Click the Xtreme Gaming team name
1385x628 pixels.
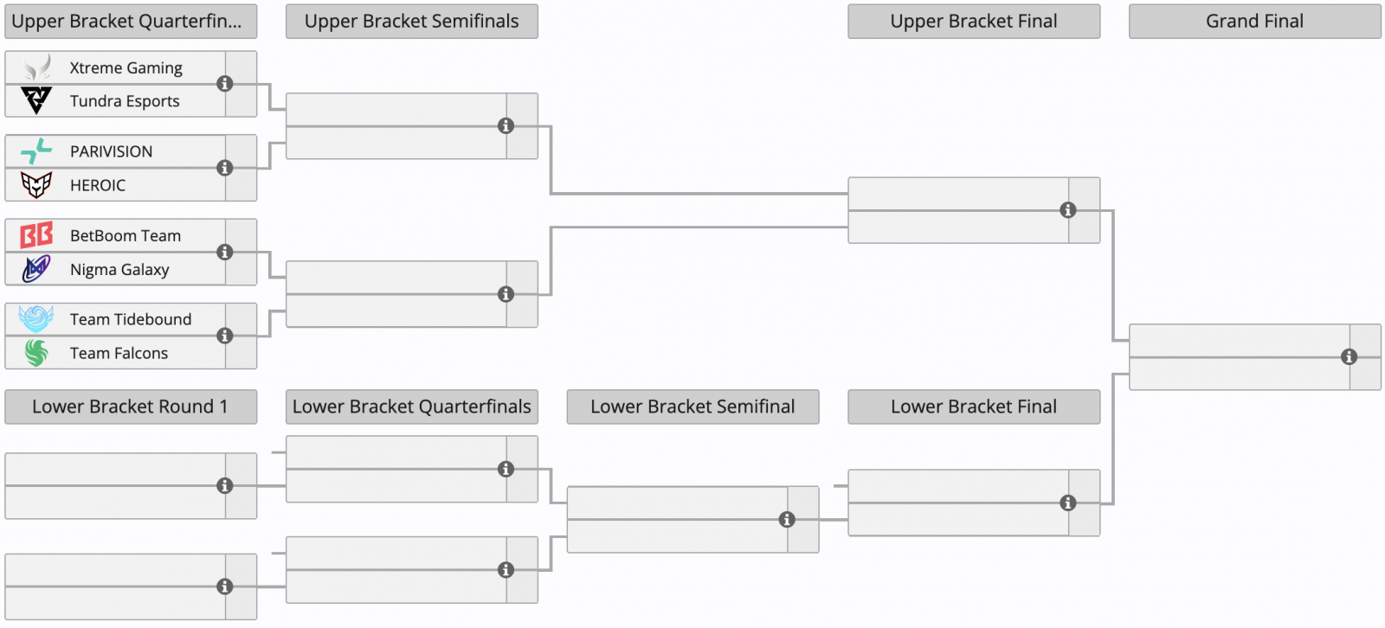[126, 68]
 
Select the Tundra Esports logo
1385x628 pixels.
[36, 100]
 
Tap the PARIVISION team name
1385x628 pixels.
[112, 151]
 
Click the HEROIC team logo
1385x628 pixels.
[36, 185]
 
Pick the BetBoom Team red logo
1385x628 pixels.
[36, 235]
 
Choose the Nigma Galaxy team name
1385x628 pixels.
[119, 270]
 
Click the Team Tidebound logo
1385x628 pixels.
[35, 319]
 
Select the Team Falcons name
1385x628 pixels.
[119, 353]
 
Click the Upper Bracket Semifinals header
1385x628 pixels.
[412, 22]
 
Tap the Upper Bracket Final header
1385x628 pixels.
[974, 22]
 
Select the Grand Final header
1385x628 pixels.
[1254, 22]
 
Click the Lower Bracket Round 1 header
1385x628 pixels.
[131, 407]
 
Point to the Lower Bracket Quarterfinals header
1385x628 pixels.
[412, 407]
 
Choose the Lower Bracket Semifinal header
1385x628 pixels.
[692, 407]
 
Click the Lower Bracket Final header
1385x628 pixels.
[974, 407]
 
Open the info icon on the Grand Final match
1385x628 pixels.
[1350, 356]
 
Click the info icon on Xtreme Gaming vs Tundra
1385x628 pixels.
[225, 83]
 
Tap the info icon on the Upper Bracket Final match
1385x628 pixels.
[1068, 210]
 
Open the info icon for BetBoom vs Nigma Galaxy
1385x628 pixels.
[225, 253]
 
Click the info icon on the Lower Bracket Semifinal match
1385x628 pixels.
[787, 519]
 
